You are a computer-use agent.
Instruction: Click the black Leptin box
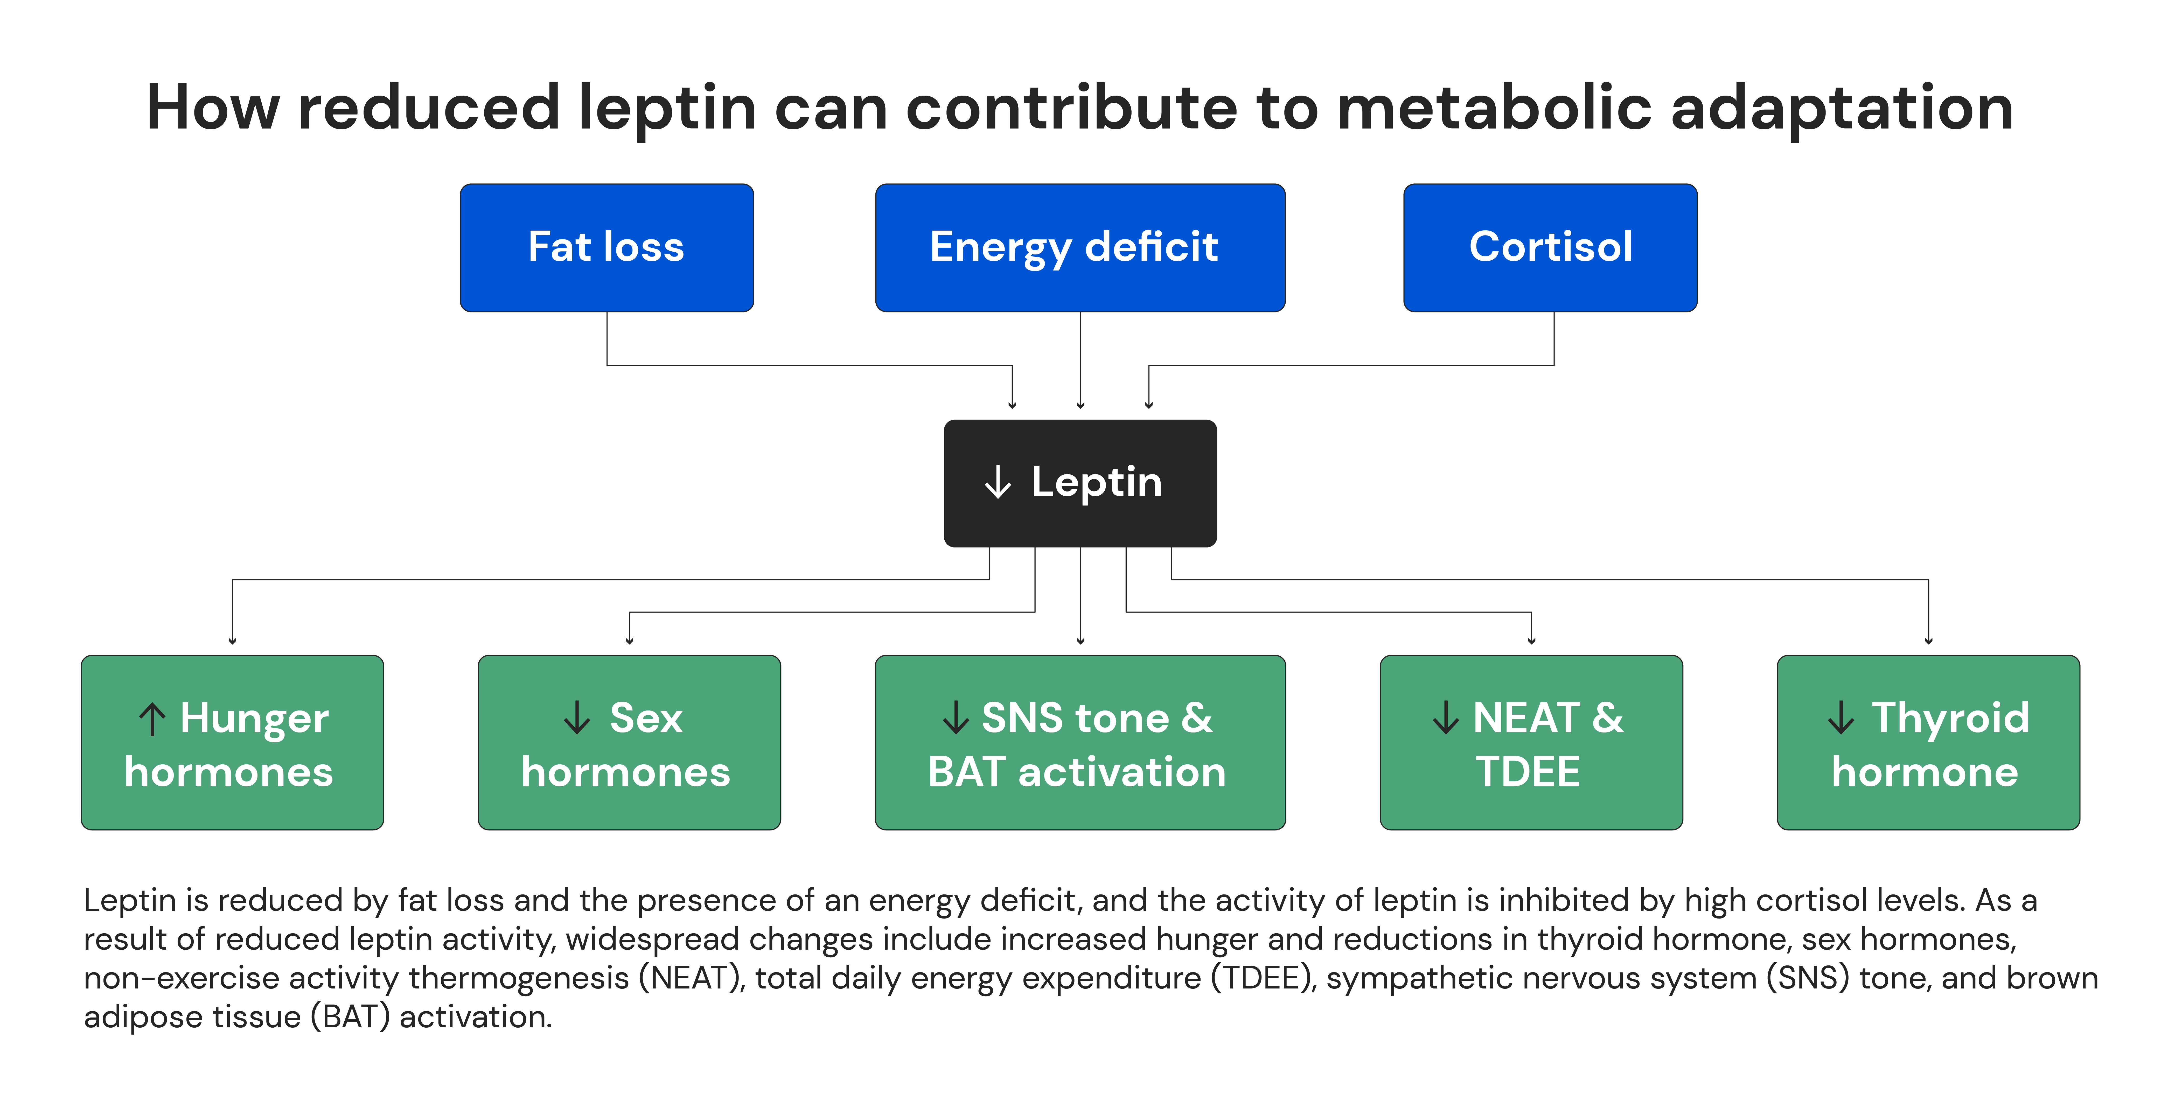pyautogui.click(x=1080, y=483)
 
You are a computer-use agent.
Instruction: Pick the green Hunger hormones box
pyautogui.click(x=232, y=743)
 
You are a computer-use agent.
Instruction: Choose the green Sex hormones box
pyautogui.click(x=629, y=743)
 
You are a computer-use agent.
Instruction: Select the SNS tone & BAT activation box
pyautogui.click(x=1080, y=743)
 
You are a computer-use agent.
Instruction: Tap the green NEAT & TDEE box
pyautogui.click(x=1531, y=743)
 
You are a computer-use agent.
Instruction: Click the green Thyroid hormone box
pyautogui.click(x=1928, y=743)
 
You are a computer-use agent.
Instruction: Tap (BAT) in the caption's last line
pyautogui.click(x=350, y=1017)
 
